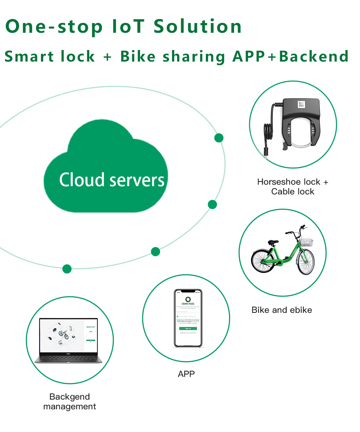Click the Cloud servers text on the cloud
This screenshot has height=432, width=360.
click(112, 179)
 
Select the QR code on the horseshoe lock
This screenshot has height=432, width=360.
click(301, 105)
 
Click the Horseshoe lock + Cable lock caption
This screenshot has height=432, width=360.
click(293, 186)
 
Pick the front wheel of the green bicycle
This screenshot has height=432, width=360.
click(305, 262)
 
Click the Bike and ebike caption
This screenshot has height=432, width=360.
click(282, 310)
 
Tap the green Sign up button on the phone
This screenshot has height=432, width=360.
click(188, 328)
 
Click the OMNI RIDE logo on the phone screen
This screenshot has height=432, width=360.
click(188, 300)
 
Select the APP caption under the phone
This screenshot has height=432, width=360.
click(186, 374)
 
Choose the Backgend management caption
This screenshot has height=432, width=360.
click(69, 402)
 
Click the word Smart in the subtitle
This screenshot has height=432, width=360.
click(30, 57)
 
